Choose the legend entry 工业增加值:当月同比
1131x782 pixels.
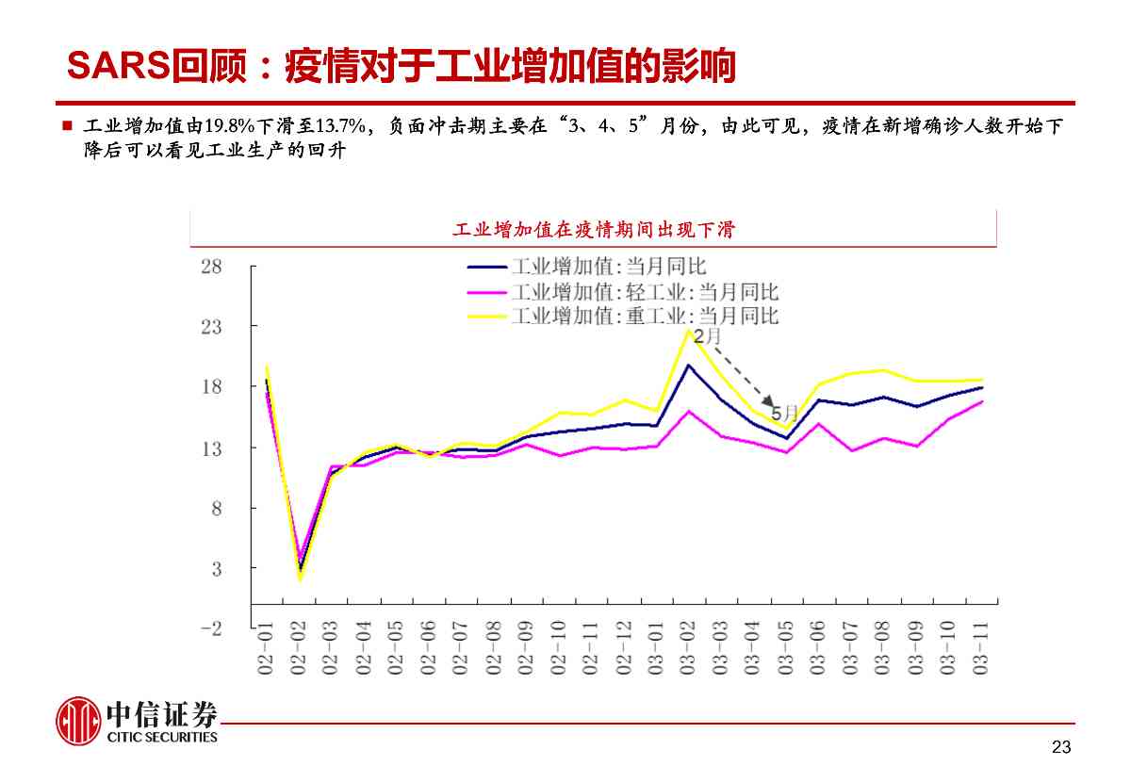[608, 268]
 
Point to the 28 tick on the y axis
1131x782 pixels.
[211, 267]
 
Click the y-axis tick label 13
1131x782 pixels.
[211, 448]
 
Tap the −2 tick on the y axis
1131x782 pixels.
[211, 629]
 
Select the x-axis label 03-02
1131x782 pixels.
[689, 647]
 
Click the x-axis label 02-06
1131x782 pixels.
[429, 647]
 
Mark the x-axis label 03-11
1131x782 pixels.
[981, 647]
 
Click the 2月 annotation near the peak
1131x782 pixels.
[707, 336]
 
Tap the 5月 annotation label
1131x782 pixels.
[784, 413]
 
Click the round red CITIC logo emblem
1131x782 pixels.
[78, 722]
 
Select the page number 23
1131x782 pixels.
[1061, 748]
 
